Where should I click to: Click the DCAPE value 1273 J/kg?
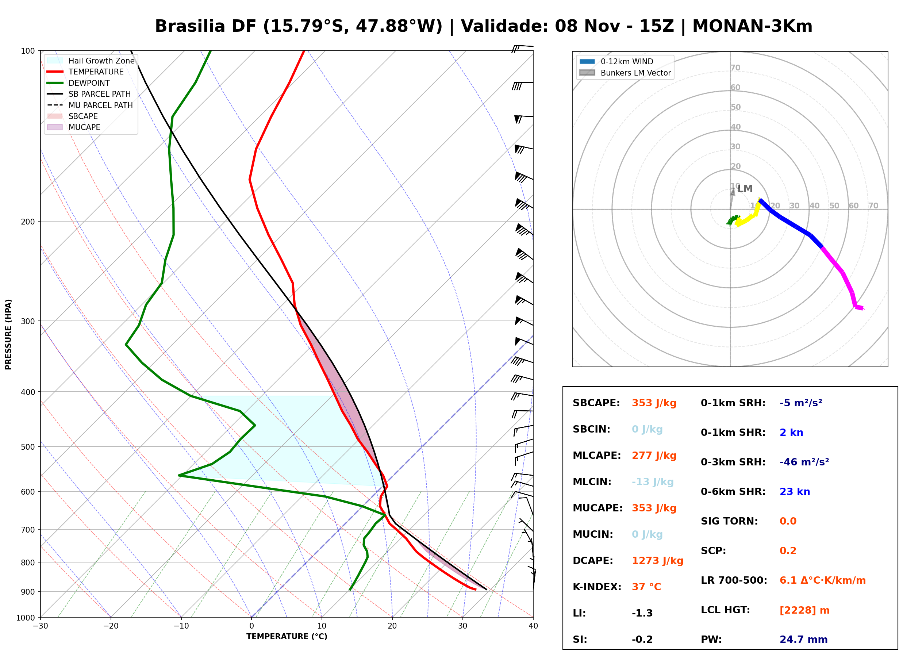pyautogui.click(x=657, y=560)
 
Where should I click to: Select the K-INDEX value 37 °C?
pyautogui.click(x=646, y=587)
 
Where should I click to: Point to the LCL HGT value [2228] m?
pyautogui.click(x=804, y=610)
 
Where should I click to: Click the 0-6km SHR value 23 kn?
pyautogui.click(x=795, y=492)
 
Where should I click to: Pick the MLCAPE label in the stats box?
pyautogui.click(x=597, y=455)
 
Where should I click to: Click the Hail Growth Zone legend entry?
pyautogui.click(x=91, y=61)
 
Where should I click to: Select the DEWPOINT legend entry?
pyautogui.click(x=78, y=83)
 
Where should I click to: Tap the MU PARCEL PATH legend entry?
pyautogui.click(x=90, y=105)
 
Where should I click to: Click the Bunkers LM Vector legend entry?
pyautogui.click(x=625, y=73)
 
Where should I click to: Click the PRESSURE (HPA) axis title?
pyautogui.click(x=8, y=334)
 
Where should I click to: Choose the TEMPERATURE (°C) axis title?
pyautogui.click(x=287, y=637)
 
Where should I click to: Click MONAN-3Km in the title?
pyautogui.click(x=752, y=26)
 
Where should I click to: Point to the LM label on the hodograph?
pyautogui.click(x=745, y=188)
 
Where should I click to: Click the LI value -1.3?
pyautogui.click(x=642, y=613)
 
